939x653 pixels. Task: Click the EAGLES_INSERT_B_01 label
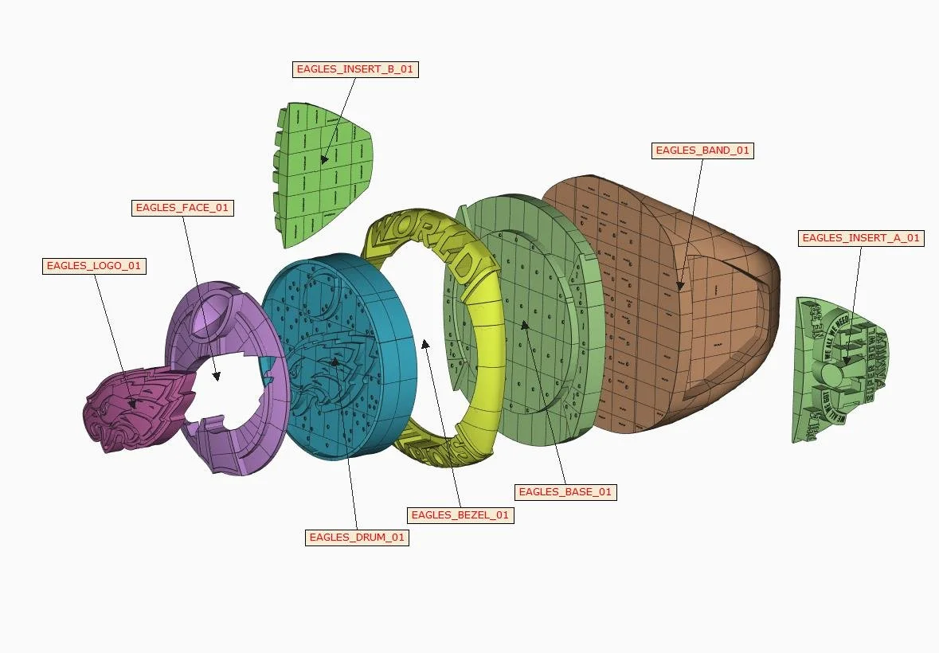(354, 69)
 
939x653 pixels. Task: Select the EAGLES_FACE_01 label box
(182, 208)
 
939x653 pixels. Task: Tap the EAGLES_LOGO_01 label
(94, 266)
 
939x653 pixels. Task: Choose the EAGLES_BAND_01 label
(702, 150)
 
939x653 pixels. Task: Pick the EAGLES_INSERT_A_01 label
(860, 238)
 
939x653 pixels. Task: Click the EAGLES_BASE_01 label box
(565, 492)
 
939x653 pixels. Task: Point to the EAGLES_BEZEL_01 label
(460, 515)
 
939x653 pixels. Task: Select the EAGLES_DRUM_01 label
(357, 538)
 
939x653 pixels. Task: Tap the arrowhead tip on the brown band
(679, 287)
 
